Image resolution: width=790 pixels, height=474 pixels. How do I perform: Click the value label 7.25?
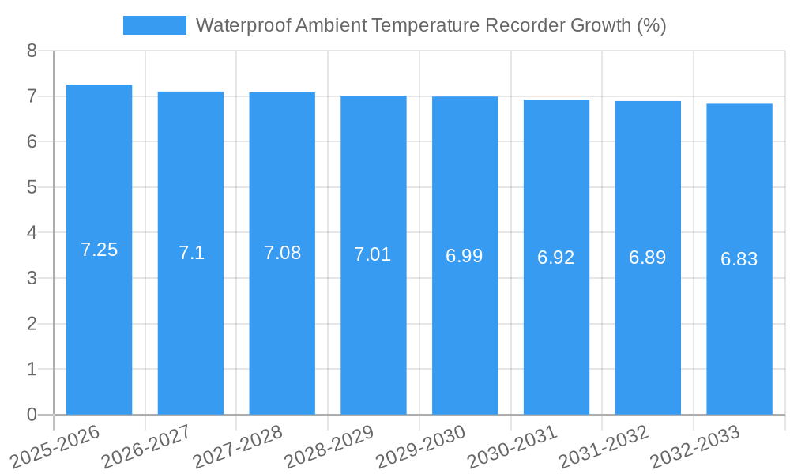99,250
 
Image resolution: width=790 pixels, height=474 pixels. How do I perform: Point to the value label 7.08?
282,253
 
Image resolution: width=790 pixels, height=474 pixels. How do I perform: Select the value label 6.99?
465,256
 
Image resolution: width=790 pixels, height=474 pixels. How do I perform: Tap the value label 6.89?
648,258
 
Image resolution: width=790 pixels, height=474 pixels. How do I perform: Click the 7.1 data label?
191,253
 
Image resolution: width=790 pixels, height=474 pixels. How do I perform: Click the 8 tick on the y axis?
32,51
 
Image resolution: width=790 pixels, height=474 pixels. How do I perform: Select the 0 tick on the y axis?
32,415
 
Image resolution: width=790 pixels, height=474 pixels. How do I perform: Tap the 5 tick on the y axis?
32,187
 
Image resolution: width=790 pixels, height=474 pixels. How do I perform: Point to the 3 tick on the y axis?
32,278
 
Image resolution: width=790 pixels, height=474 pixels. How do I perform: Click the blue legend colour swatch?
155,25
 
